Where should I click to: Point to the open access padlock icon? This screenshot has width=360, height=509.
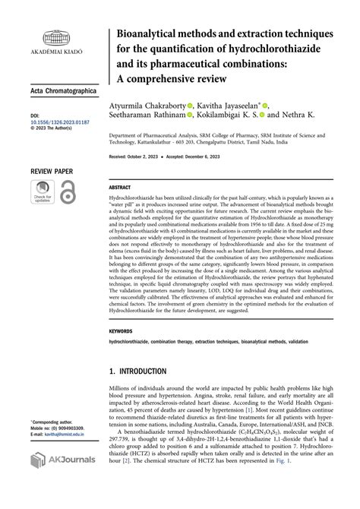click(x=68, y=191)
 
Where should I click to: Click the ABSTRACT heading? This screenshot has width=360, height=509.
click(x=120, y=186)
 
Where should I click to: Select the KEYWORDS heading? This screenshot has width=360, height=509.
click(x=122, y=331)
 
